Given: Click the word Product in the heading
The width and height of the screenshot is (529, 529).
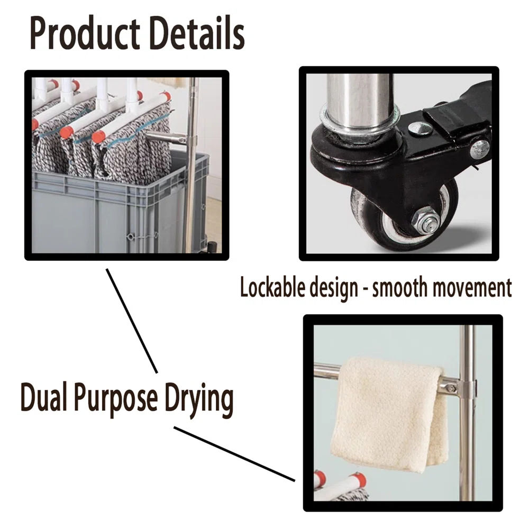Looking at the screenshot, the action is coord(85,34).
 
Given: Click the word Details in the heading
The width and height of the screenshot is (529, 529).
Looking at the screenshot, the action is coord(197,33).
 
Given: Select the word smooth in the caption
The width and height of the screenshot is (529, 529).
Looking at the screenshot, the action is coord(400,287).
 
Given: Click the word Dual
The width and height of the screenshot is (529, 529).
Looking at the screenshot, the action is coord(43,397).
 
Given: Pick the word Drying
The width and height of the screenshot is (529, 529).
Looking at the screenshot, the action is coord(199,399).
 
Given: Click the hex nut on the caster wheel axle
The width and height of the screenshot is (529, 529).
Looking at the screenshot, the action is coord(425,220).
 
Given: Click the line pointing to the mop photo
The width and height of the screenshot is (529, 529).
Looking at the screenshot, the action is coord(132,321).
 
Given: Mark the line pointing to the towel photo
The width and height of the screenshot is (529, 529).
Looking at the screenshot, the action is coord(234,454).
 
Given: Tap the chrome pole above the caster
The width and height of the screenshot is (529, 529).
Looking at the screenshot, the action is coord(360,101).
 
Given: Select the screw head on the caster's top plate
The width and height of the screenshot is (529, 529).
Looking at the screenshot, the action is coord(419,128).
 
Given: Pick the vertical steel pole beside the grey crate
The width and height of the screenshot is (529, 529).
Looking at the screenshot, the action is coord(191,165).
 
